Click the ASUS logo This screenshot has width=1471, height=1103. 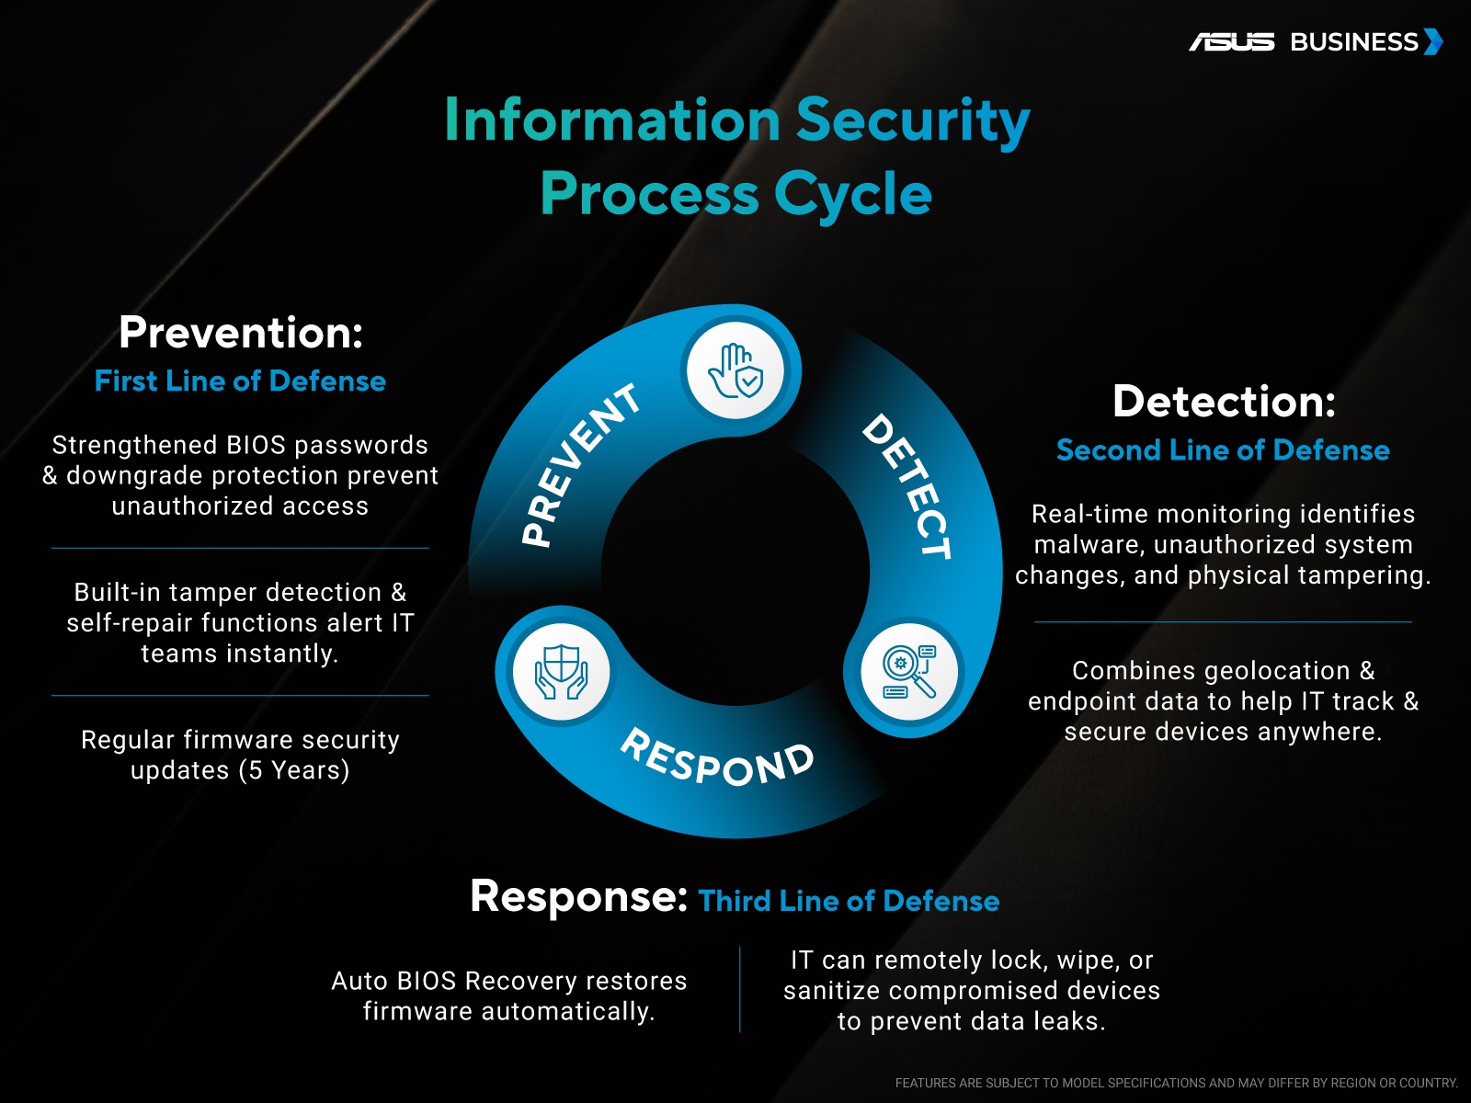point(1232,42)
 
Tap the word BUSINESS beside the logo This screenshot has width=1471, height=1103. point(1354,42)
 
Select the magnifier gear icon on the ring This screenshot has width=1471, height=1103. point(908,671)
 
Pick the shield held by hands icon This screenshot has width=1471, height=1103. point(562,671)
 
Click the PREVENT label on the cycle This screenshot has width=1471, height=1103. point(579,465)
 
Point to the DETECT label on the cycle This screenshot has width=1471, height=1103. point(907,485)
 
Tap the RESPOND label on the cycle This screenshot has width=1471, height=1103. point(718,757)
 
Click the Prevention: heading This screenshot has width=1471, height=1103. point(241,333)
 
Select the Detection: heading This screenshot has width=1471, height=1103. point(1224,402)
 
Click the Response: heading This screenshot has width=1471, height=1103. point(578,896)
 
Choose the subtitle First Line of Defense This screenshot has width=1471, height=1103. point(240,381)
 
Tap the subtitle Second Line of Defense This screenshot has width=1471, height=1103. point(1223,450)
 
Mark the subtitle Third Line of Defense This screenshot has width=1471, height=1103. point(849,901)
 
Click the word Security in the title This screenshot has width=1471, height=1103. point(912,121)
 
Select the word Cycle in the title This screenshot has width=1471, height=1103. point(852,195)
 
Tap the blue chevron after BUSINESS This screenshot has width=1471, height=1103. point(1433,42)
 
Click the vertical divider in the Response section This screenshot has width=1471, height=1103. point(739,990)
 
